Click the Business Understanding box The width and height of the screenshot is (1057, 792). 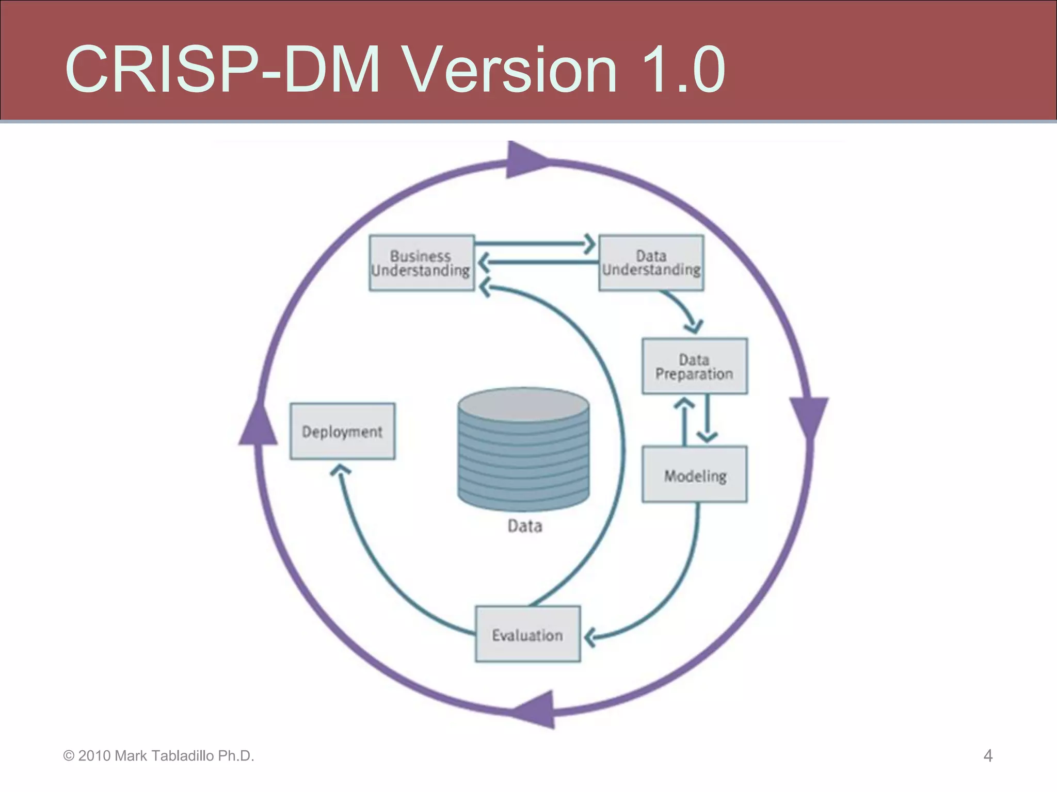click(x=422, y=263)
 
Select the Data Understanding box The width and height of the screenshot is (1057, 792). click(x=651, y=263)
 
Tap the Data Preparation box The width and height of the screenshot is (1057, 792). click(x=694, y=366)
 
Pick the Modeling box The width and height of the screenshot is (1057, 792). click(x=694, y=474)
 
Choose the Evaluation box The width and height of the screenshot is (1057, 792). click(x=527, y=634)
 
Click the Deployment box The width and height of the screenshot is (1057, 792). click(x=342, y=431)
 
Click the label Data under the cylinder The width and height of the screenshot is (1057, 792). click(x=524, y=526)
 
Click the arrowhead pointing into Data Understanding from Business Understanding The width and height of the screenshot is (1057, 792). click(x=589, y=244)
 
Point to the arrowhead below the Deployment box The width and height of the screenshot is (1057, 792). click(x=340, y=470)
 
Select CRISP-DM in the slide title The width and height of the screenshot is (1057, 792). click(x=222, y=70)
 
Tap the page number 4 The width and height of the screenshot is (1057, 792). click(x=987, y=756)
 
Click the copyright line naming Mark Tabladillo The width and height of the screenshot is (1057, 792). click(x=158, y=756)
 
